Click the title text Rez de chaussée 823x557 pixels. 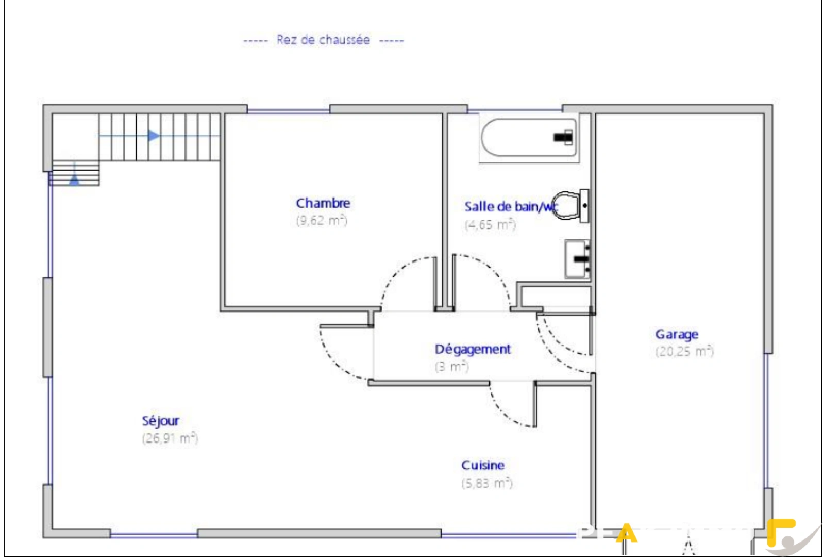pos(323,40)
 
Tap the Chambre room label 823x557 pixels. pos(323,203)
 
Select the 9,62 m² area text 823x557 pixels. pos(321,221)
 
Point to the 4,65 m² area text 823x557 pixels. pos(490,224)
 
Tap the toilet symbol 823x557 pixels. pos(567,206)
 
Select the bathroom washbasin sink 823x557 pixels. pos(578,259)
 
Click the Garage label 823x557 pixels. pos(676,334)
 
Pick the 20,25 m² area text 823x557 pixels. pos(684,352)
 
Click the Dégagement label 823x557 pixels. pos(473,349)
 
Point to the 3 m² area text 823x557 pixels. pos(451,367)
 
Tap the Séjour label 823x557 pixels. pos(160,421)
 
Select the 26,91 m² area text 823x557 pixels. pos(170,438)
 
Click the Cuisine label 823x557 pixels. pos(482,465)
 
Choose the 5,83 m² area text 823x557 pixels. pos(486,483)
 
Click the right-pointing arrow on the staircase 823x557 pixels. pos(153,136)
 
